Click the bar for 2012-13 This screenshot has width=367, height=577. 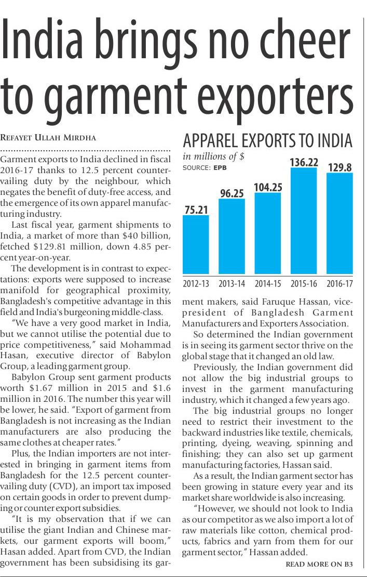[196, 244]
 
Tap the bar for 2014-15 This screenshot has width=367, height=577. [268, 233]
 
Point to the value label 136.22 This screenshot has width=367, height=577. [304, 162]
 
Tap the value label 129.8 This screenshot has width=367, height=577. [339, 167]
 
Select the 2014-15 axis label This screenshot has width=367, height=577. [268, 284]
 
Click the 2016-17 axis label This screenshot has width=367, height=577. [339, 284]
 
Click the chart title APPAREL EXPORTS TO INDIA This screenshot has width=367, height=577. [267, 140]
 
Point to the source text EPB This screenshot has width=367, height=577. [220, 168]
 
